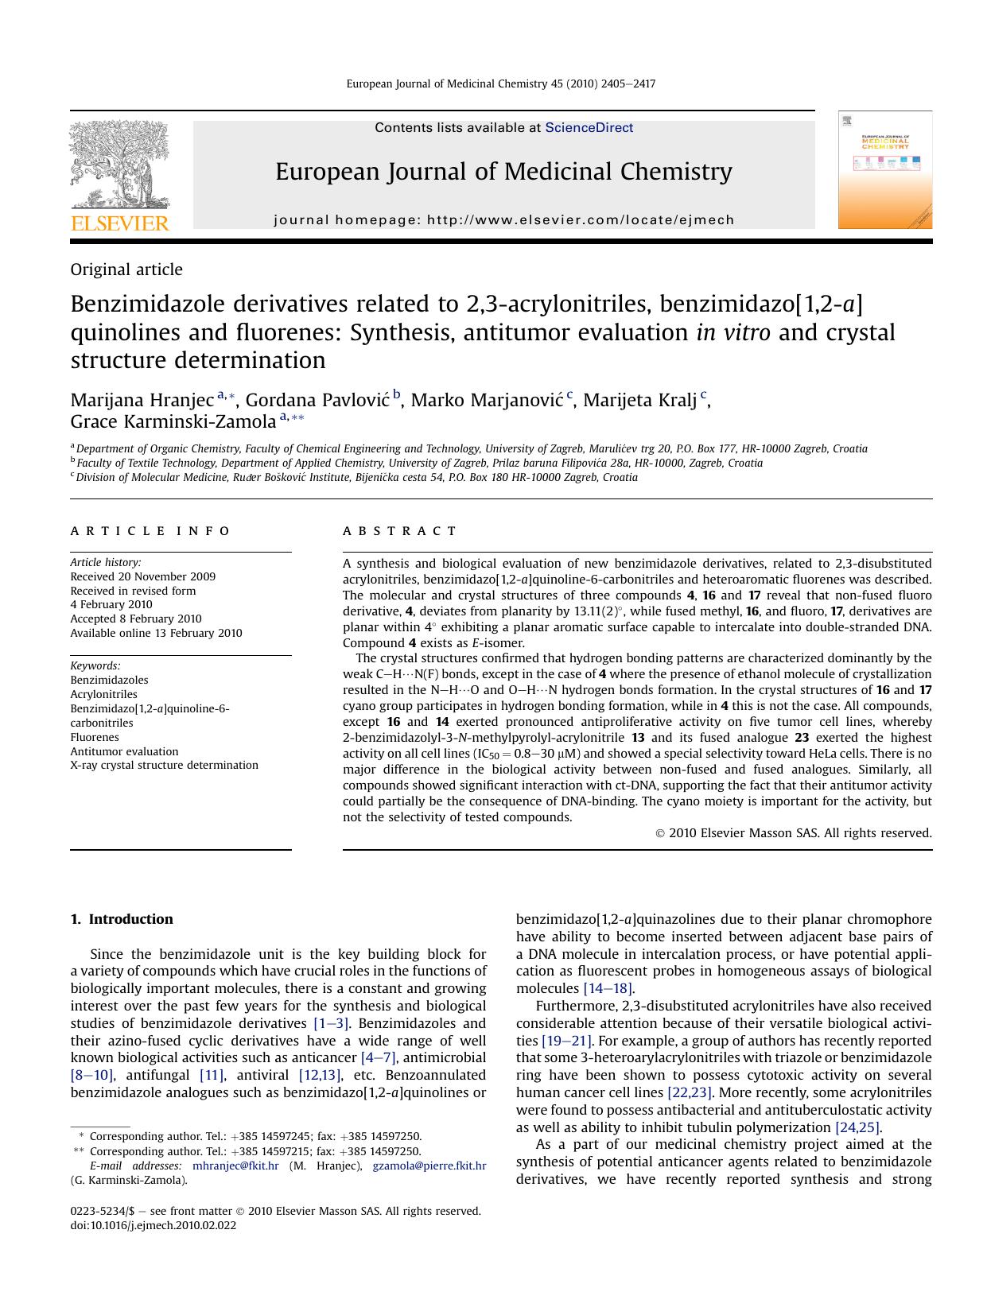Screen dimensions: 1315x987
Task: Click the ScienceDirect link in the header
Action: tap(589, 127)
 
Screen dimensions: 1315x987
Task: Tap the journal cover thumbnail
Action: tap(884, 170)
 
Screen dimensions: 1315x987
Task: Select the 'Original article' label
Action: tap(126, 270)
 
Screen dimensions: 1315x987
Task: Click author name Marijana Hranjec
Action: tap(142, 399)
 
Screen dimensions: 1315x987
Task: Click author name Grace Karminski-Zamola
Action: tap(173, 421)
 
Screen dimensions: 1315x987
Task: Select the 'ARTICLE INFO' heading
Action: tap(150, 530)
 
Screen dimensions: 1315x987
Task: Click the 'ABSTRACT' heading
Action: tap(400, 530)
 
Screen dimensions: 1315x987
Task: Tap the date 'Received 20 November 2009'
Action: tap(142, 576)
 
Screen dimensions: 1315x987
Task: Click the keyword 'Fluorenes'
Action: tap(95, 737)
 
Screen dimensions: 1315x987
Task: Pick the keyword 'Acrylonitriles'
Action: tap(103, 694)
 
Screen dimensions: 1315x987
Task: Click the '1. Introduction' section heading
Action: tap(122, 919)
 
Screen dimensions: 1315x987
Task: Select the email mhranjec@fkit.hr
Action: tap(235, 1166)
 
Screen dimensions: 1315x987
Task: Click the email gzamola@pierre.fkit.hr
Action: tap(429, 1166)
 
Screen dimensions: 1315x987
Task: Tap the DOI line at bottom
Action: tap(153, 1225)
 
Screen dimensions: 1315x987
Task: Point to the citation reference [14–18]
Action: tap(608, 988)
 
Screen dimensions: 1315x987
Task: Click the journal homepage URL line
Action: tap(503, 219)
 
